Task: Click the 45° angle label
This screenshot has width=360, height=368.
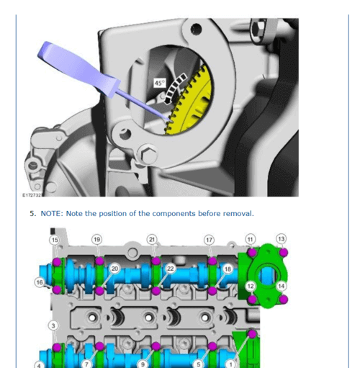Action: pos(160,83)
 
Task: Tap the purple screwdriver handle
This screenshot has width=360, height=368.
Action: pos(78,69)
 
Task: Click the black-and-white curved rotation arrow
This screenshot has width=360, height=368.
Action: pos(174,89)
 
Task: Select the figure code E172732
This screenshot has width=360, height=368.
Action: pos(32,195)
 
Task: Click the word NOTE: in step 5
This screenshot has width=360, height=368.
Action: pos(52,213)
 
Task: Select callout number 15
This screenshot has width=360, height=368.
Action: pos(55,240)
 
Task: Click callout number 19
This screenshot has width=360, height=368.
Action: pos(96,239)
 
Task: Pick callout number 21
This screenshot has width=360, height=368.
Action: pos(152,239)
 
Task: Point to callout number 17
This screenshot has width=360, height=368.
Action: pos(209,240)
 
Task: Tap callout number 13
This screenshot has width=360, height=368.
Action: pos(282,239)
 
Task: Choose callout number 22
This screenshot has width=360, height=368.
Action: pos(171,269)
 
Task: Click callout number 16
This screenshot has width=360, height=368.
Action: pos(40,282)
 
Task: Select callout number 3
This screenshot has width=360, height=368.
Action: pos(53,326)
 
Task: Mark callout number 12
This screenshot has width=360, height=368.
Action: pos(251,286)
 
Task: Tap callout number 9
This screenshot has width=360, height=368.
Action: pos(143,364)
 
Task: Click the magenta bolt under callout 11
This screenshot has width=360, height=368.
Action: pos(251,253)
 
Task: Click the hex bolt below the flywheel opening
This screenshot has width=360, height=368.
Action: pos(147,155)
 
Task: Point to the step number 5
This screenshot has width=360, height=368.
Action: pos(32,213)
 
